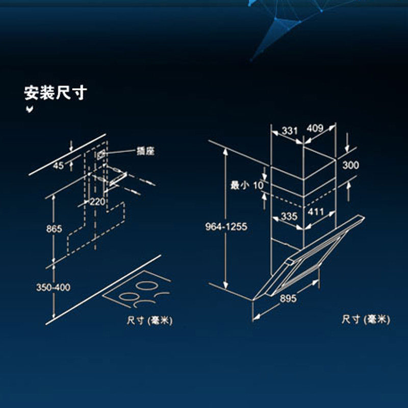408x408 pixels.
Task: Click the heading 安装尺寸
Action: coord(55,93)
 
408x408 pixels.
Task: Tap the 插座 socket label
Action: coord(145,151)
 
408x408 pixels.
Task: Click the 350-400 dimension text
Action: coord(53,287)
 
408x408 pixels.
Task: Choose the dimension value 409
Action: coord(315,129)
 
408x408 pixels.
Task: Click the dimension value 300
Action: coord(350,165)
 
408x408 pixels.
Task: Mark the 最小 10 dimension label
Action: coord(247,185)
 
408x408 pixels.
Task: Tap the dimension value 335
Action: coord(289,216)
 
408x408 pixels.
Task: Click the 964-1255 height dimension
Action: coord(226,226)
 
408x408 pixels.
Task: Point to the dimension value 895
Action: coord(287,300)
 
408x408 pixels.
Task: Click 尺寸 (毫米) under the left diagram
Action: coord(150,320)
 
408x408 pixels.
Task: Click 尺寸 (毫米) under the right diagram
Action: coord(366,319)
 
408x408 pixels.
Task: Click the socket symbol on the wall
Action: coord(100,154)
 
